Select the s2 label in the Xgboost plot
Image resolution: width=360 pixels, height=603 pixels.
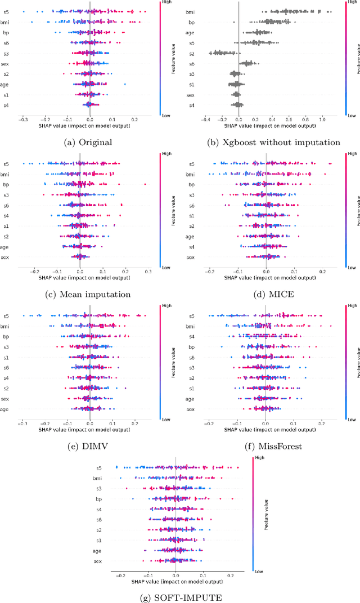(x=191, y=53)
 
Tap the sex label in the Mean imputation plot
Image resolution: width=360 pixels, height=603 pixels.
(x=6, y=258)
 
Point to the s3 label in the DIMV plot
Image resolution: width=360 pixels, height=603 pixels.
(x=6, y=347)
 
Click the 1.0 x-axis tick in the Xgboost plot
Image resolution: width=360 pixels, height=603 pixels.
(x=322, y=119)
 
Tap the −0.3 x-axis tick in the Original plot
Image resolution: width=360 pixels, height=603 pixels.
(x=22, y=120)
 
